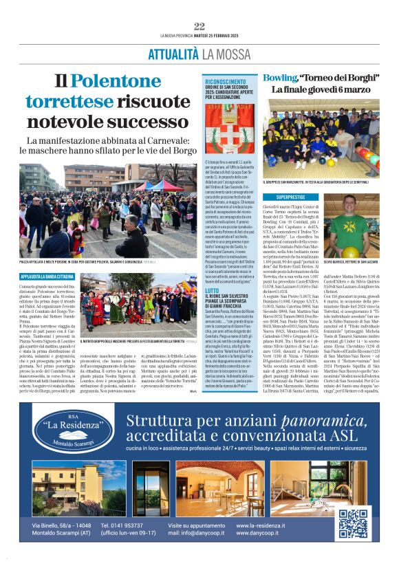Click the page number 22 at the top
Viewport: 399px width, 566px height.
point(199,26)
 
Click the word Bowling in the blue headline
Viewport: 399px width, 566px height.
point(279,78)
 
